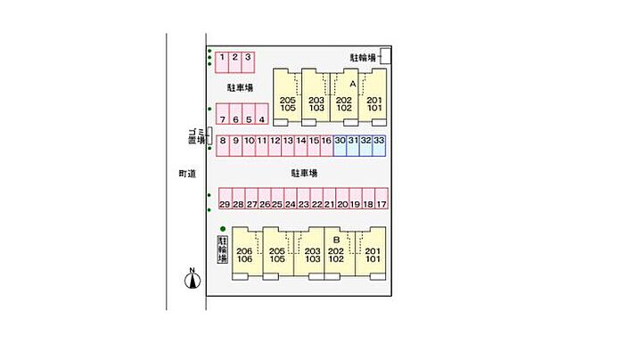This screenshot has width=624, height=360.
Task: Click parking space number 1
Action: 222,61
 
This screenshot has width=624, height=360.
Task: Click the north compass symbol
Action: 190,281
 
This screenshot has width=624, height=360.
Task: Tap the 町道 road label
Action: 185,174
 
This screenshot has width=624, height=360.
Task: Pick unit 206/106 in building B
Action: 245,256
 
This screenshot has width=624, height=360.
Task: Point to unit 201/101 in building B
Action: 374,256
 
